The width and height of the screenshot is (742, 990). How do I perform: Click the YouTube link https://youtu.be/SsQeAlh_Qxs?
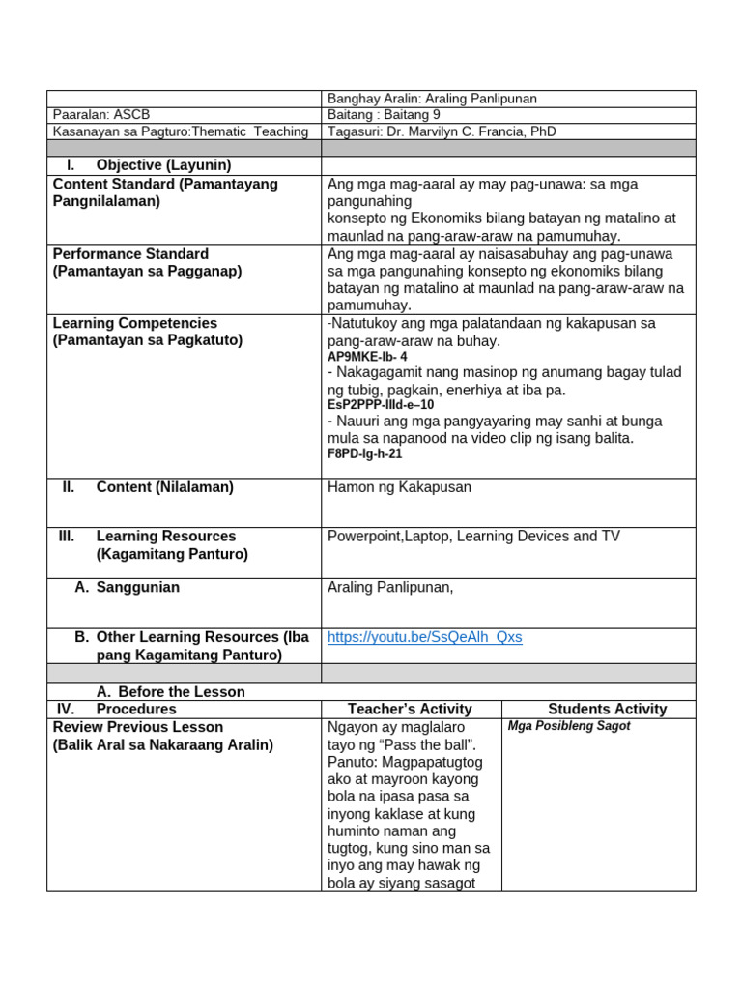pos(424,637)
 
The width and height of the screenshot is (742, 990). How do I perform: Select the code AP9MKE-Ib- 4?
pos(367,357)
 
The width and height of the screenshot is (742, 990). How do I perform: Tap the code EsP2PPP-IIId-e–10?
pos(381,405)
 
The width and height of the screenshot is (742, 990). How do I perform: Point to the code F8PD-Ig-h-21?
pos(364,453)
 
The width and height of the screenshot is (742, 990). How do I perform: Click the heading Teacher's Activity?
pos(410,709)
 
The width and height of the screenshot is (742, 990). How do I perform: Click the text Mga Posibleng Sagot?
pos(568,726)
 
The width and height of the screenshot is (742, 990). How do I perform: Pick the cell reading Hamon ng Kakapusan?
pos(399,487)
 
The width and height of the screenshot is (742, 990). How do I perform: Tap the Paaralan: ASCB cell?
pos(101,114)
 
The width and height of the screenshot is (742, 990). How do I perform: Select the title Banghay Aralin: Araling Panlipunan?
pos(432,99)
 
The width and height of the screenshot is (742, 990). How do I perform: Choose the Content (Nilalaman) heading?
pos(164,487)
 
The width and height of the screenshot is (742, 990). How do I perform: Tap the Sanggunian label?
pos(137,587)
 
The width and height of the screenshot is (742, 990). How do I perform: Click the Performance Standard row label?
pos(130,254)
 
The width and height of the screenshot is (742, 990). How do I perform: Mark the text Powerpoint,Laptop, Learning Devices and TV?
pos(473,536)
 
